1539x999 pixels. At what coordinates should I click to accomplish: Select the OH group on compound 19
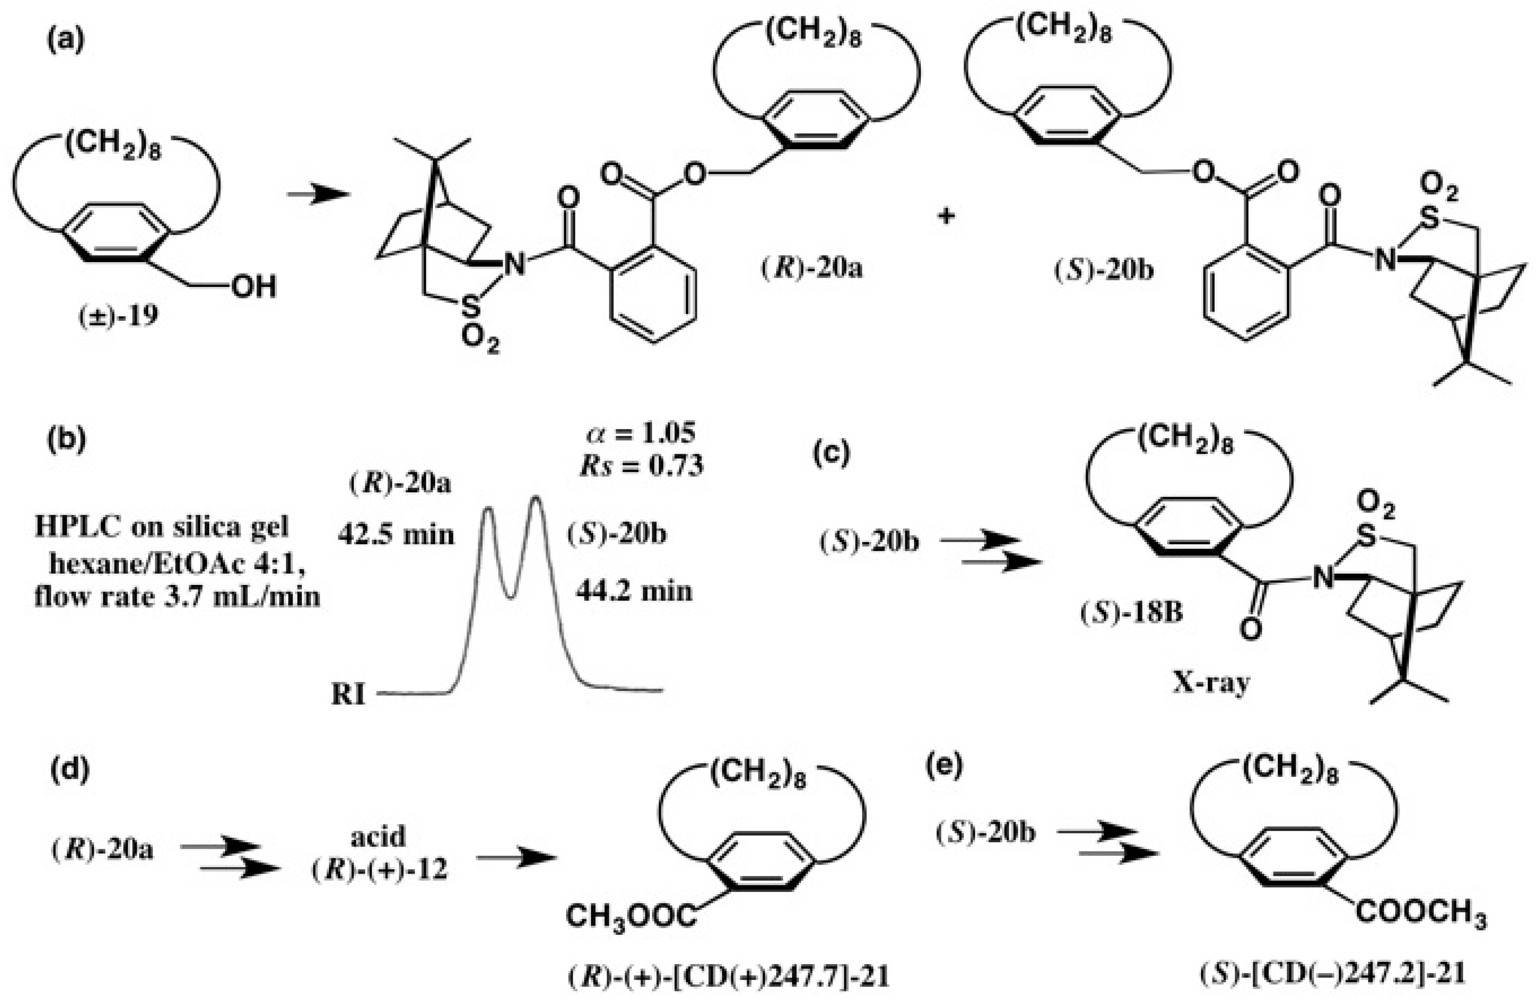[253, 287]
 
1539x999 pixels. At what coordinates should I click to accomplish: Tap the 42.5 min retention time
[396, 536]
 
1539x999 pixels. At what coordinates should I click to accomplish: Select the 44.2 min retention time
[634, 591]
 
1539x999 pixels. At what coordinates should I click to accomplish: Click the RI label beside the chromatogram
[349, 695]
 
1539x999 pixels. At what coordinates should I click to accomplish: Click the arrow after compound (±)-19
[318, 194]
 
